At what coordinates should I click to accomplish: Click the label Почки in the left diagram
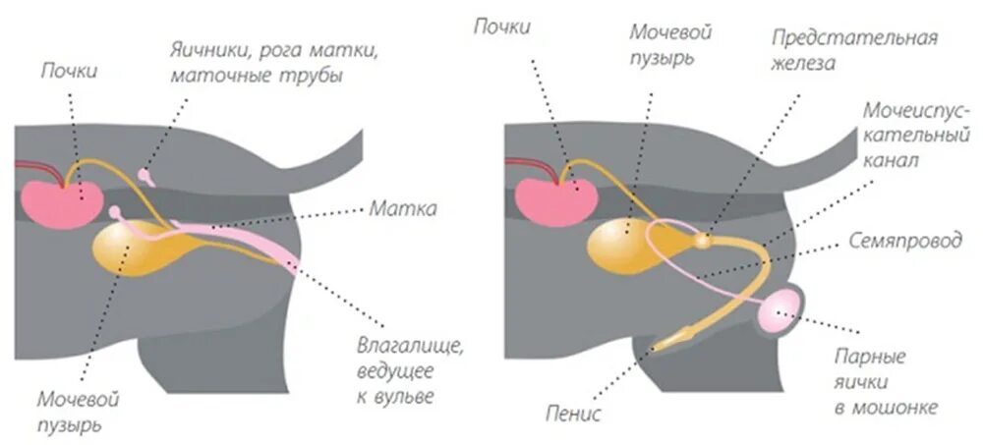tap(69, 71)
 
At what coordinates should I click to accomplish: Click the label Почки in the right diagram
tap(501, 27)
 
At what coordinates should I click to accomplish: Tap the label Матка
tap(404, 208)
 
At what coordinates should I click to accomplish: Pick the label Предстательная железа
tap(853, 49)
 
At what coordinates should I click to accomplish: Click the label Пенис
tap(572, 413)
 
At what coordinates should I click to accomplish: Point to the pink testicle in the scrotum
tap(781, 313)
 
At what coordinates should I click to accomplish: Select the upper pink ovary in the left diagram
tap(147, 177)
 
